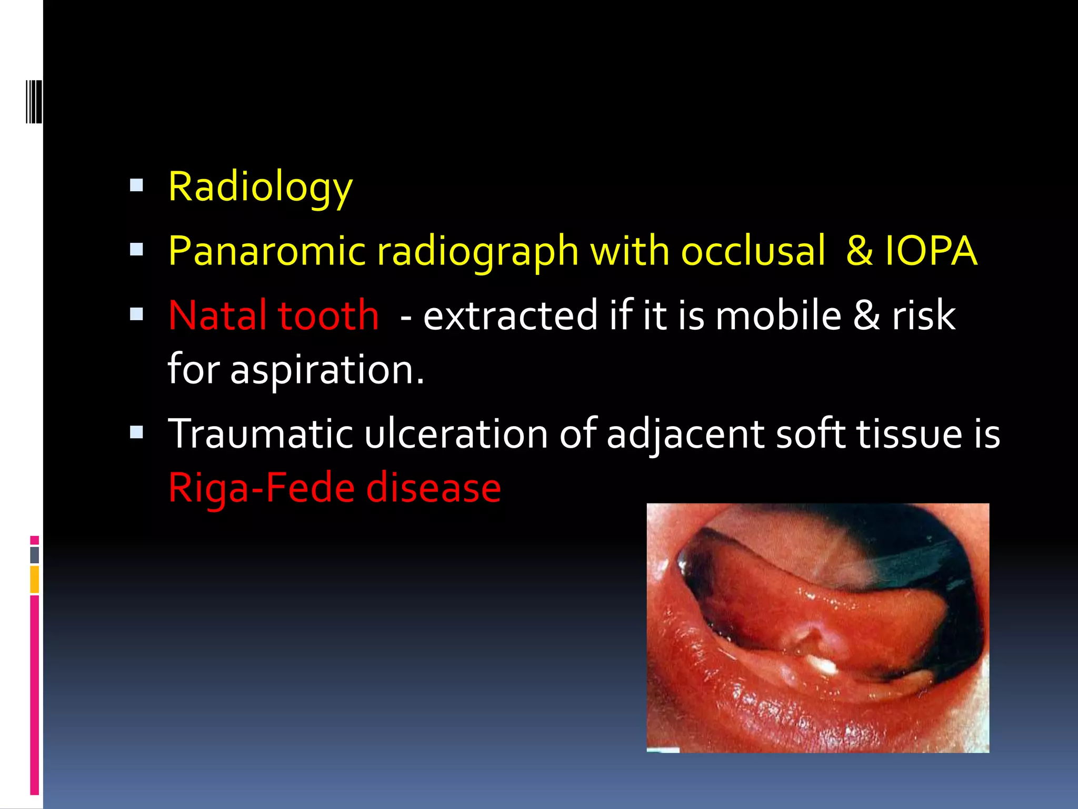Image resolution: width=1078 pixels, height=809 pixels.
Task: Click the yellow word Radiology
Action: click(x=260, y=188)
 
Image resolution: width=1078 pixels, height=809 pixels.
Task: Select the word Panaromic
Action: click(x=267, y=251)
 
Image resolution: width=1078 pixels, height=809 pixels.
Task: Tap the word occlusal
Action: click(x=753, y=251)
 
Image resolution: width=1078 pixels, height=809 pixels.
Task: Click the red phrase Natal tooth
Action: click(x=274, y=315)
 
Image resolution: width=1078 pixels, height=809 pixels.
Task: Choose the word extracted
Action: click(x=511, y=315)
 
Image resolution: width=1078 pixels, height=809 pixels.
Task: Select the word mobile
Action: click(x=778, y=315)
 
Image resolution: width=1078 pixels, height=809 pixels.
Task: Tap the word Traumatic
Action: click(x=261, y=433)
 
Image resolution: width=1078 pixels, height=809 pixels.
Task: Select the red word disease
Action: click(x=433, y=488)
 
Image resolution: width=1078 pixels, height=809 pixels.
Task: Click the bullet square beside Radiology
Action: click(x=137, y=185)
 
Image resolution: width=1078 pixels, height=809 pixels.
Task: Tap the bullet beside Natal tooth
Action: click(x=137, y=314)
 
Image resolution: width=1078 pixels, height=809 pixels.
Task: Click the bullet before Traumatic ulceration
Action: click(x=137, y=432)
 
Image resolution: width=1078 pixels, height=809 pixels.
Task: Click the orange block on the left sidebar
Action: click(x=35, y=579)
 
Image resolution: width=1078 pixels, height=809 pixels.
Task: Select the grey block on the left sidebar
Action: click(x=35, y=555)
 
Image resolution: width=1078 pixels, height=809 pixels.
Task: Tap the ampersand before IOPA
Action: click(x=859, y=251)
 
